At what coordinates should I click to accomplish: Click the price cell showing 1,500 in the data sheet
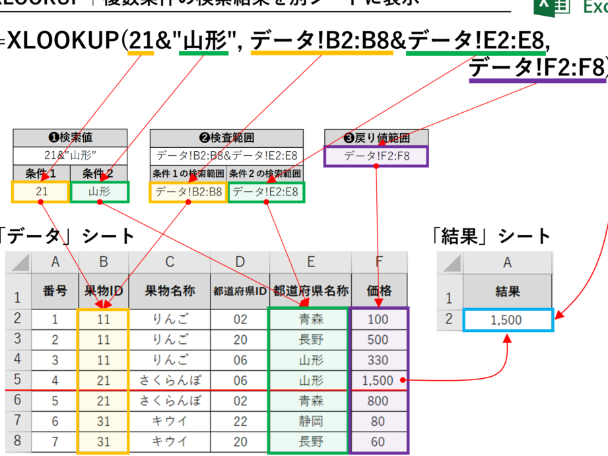point(378,380)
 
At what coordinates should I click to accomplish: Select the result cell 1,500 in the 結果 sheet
point(507,320)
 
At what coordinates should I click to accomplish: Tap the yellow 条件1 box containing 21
point(40,192)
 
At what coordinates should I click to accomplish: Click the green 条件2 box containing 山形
point(100,192)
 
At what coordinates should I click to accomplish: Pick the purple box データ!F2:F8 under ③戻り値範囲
point(376,156)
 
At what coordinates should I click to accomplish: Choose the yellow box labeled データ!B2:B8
point(188,192)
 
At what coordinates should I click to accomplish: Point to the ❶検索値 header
point(71,138)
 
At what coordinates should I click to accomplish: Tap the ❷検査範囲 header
point(226,138)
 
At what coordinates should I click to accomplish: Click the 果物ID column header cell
point(104,290)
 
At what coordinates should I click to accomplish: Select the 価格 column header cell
point(379,290)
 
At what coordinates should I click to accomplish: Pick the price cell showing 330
point(378,360)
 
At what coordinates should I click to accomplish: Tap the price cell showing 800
point(378,401)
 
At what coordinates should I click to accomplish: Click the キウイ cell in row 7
point(170,420)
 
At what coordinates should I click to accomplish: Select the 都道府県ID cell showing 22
point(240,420)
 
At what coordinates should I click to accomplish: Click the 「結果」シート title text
point(489,236)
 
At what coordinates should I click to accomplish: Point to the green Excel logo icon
point(552,7)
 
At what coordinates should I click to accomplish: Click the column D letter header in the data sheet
point(240,262)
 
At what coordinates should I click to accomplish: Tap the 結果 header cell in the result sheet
point(507,291)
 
